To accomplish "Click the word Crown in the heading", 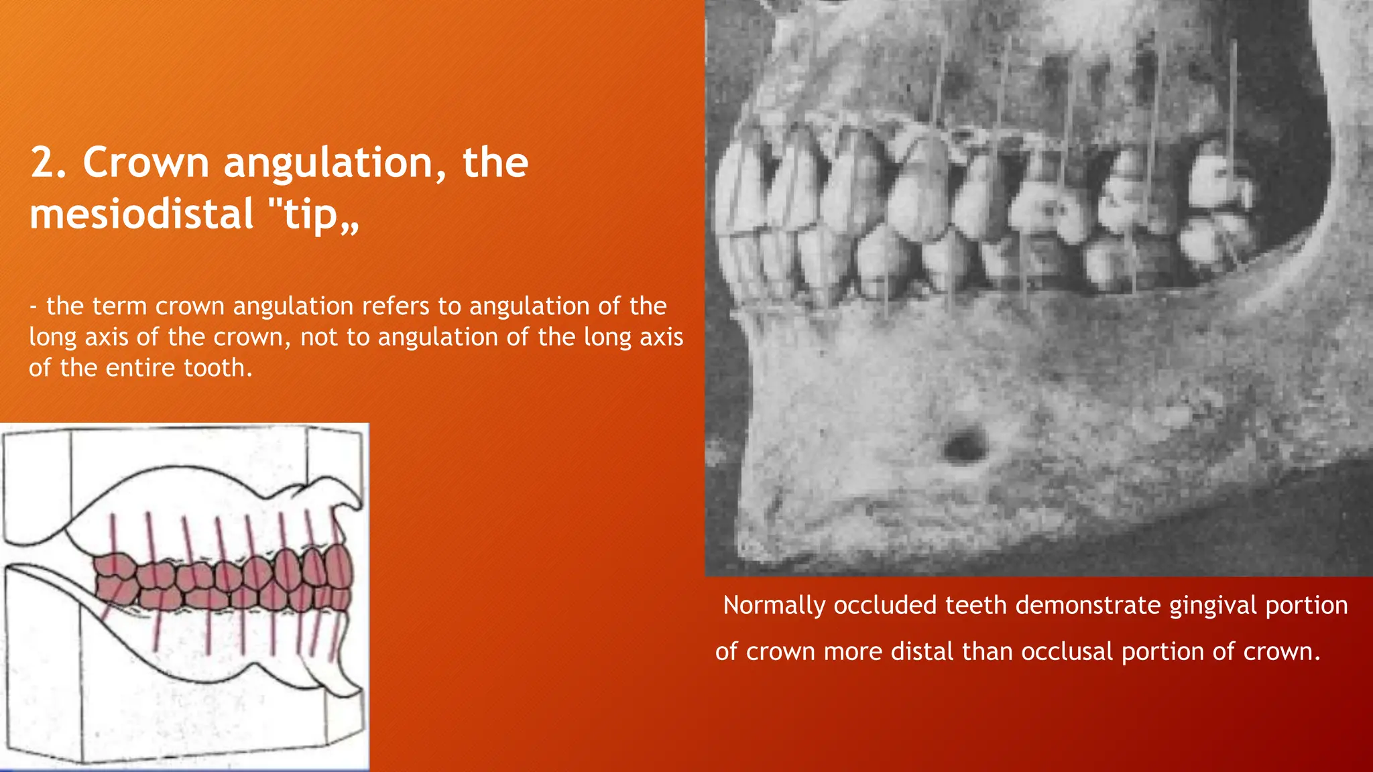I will tap(145, 163).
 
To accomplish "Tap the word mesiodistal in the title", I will tap(141, 214).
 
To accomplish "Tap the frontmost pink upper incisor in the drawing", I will tap(339, 566).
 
